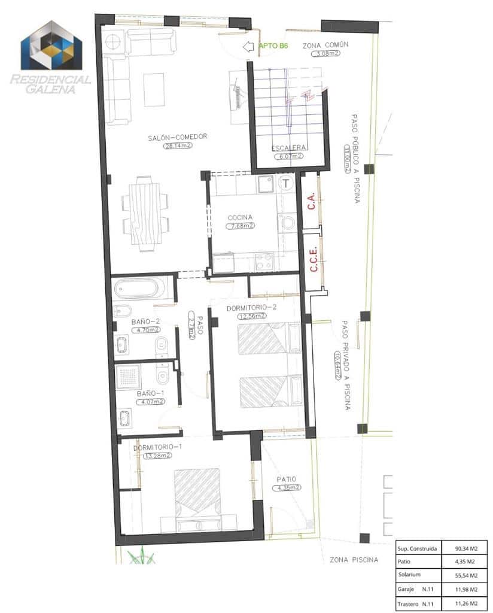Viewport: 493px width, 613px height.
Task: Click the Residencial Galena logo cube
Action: click(51, 46)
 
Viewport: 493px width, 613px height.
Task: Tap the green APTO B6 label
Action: click(273, 45)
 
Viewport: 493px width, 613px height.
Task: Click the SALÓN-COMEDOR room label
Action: click(178, 137)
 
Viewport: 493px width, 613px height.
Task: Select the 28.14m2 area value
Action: click(178, 145)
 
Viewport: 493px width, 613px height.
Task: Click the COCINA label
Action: click(240, 217)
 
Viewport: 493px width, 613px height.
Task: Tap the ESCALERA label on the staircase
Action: click(289, 148)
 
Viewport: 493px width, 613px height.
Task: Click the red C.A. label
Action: click(311, 201)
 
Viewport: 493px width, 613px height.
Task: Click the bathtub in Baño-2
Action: click(139, 289)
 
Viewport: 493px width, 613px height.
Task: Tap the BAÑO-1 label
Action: click(150, 393)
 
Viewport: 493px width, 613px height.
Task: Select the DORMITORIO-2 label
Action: click(251, 308)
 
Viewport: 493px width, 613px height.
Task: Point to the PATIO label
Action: click(287, 480)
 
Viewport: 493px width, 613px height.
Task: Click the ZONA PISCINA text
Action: click(354, 560)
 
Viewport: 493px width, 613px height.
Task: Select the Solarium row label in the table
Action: click(409, 575)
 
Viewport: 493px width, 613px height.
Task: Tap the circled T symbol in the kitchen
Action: click(286, 182)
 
